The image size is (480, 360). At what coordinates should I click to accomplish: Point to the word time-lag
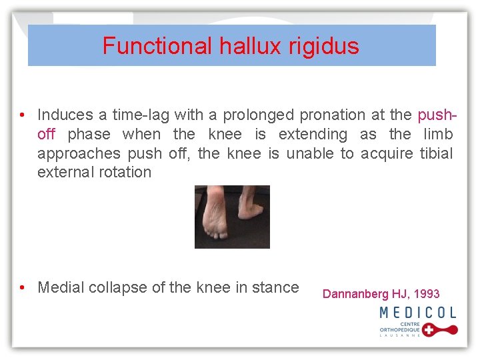pos(143,115)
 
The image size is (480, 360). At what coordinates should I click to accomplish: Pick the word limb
pos(438,134)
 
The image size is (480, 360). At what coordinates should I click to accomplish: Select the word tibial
pos(436,153)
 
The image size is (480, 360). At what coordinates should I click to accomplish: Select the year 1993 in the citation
pos(427,294)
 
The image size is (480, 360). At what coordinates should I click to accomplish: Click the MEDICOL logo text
pos(418,312)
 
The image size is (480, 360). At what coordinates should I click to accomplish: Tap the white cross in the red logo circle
pos(430,330)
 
